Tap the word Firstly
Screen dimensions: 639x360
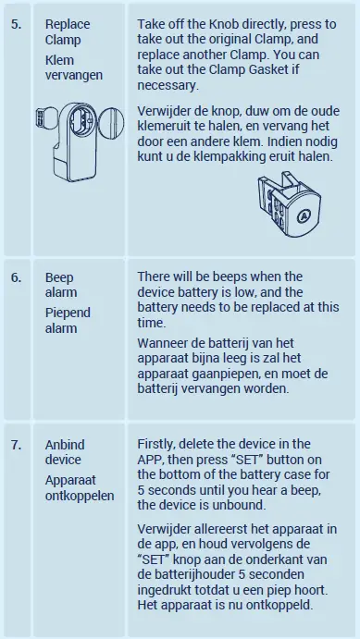click(156, 444)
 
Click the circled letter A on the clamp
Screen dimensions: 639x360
click(303, 215)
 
